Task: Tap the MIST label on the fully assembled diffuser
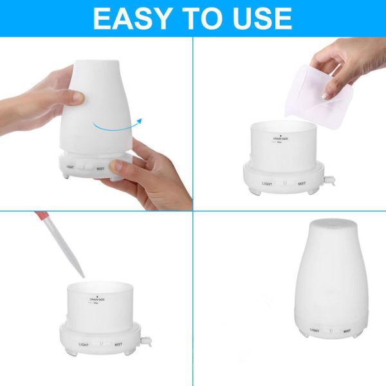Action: [346, 331]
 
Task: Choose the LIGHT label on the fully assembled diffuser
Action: [315, 331]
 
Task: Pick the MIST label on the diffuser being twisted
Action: [100, 170]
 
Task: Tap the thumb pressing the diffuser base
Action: [119, 167]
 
